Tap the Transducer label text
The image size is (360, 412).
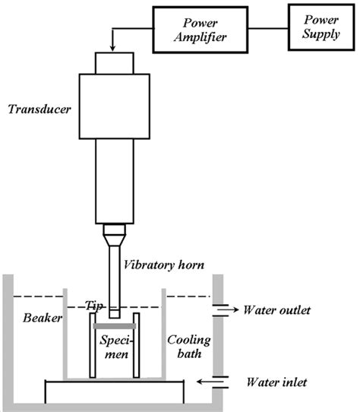pos(40,108)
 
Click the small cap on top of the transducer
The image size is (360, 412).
pos(113,62)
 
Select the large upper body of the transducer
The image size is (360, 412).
pos(113,106)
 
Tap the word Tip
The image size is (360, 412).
pos(95,305)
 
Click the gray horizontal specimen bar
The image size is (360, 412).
pos(114,325)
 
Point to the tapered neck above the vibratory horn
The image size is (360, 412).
pos(113,230)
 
